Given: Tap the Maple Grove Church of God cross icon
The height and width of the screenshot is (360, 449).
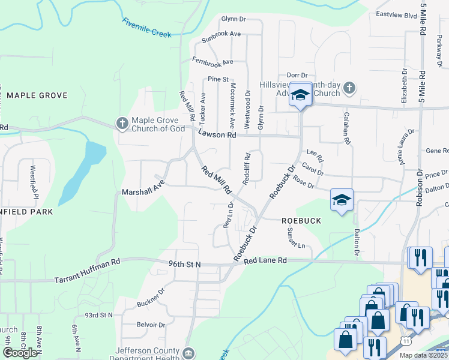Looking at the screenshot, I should point(122,124).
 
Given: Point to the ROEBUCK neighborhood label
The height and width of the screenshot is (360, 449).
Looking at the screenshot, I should point(301,221).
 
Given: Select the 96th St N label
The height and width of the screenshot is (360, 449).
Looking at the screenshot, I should point(184,264).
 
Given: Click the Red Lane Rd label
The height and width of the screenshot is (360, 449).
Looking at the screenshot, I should point(266,260).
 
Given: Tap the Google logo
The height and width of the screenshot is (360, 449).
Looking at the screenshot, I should point(19,353).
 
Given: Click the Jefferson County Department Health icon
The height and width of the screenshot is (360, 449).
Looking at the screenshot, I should point(189,352).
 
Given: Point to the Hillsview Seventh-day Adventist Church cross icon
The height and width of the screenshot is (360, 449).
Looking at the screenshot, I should point(349,89).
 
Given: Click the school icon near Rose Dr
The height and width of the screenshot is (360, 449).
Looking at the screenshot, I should point(342,200).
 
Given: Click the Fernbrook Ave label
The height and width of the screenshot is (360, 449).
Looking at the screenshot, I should point(212,61).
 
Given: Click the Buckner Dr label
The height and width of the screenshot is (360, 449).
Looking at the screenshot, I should point(150,299).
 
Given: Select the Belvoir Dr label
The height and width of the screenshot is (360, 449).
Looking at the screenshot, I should point(151,325).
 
